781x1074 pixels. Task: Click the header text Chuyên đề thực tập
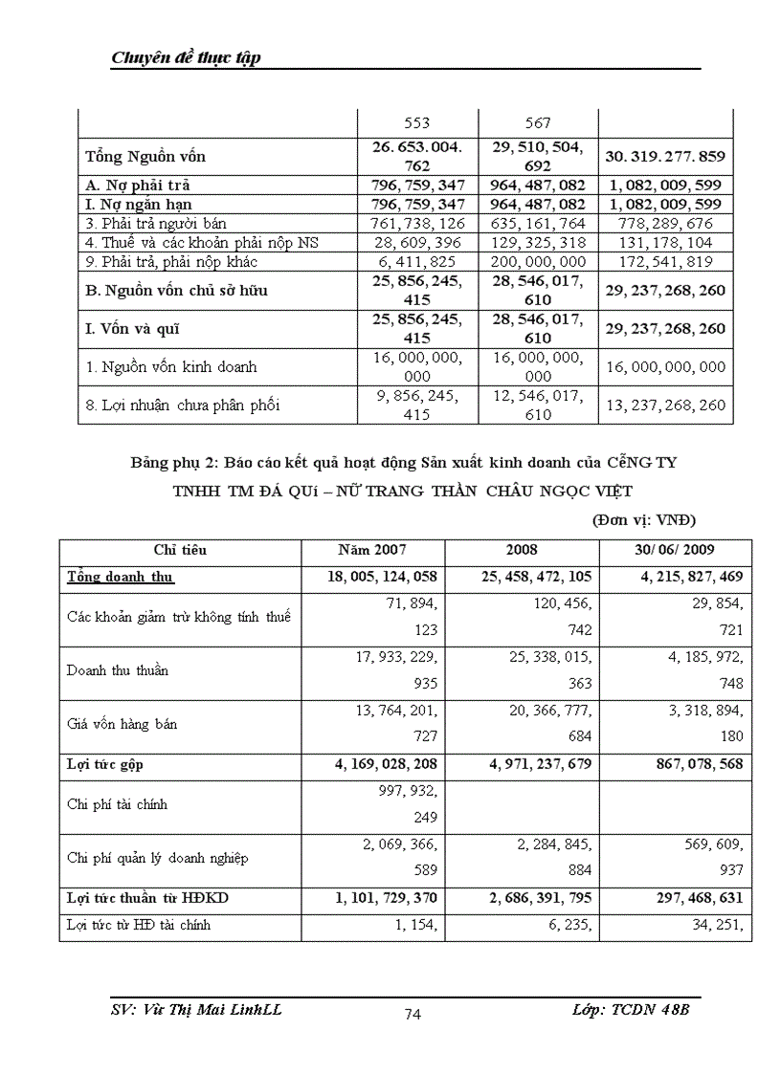[187, 58]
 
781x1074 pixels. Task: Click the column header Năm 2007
[371, 550]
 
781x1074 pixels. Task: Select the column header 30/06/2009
[676, 550]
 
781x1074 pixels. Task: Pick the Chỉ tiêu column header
[180, 550]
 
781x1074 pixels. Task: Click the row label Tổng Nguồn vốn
[145, 157]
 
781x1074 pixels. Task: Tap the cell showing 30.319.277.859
[665, 157]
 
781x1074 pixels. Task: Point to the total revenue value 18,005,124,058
[371, 578]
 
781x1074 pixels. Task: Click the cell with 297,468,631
[676, 899]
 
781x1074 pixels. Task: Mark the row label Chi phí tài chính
[117, 804]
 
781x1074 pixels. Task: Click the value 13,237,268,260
[665, 405]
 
